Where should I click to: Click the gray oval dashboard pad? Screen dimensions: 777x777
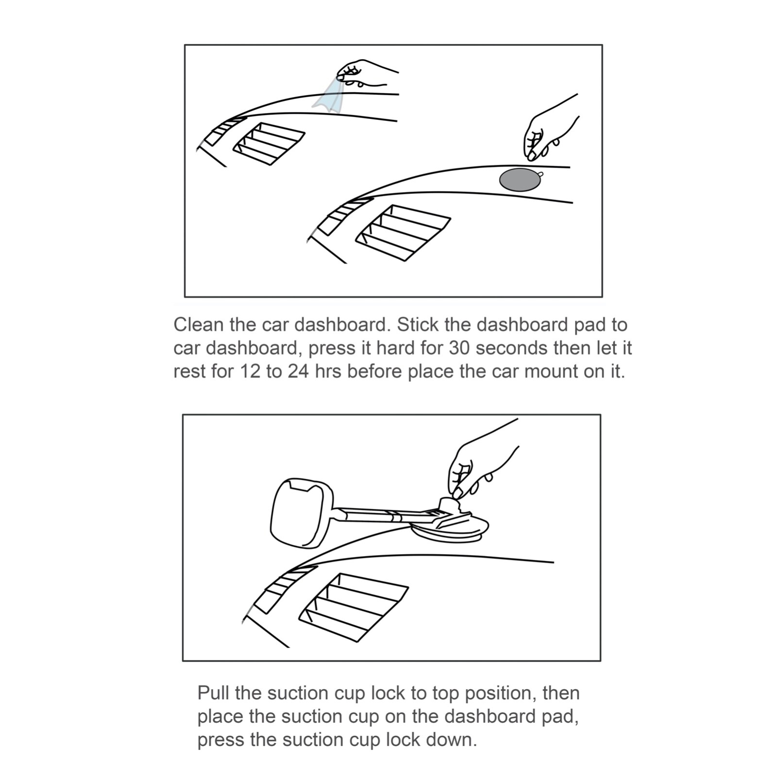[520, 179]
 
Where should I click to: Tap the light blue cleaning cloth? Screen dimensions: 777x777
[329, 95]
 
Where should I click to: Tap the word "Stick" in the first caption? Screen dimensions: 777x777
[418, 324]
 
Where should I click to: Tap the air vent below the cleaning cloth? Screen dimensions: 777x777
[269, 144]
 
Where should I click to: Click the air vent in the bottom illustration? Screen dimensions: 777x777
[354, 607]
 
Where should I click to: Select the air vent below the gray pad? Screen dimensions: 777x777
[403, 233]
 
